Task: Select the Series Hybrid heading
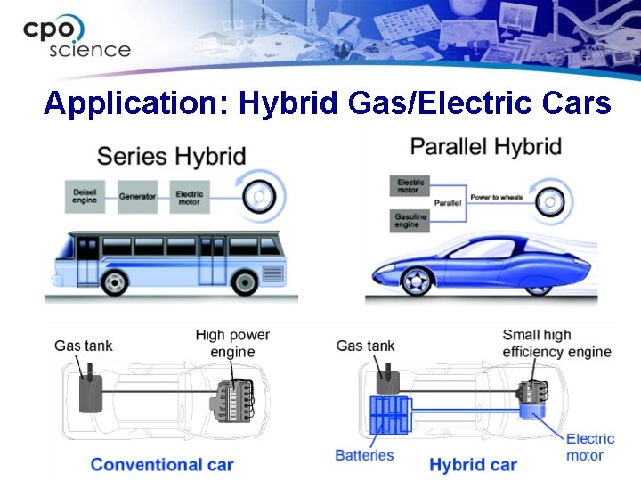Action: point(171,157)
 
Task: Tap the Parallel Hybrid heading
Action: point(485,146)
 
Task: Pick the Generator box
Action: point(137,196)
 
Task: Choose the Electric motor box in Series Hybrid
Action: point(189,196)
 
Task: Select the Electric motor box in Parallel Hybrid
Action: point(410,186)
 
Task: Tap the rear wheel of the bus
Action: point(244,282)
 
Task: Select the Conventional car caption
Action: point(162,464)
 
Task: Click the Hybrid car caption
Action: point(473,464)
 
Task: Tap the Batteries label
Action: point(364,455)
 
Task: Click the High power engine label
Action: point(232,343)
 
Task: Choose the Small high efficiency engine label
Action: point(556,343)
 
